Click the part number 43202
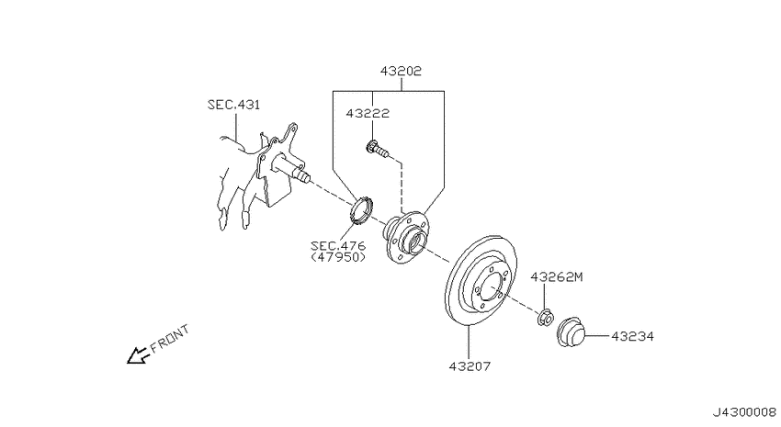401,72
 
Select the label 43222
368,114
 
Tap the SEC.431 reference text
233,105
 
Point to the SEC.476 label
338,246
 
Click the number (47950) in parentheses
338,257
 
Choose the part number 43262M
557,276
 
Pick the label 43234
632,337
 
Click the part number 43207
470,366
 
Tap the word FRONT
169,339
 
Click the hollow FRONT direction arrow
139,355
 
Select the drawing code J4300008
744,412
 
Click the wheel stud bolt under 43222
378,149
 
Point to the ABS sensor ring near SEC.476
360,211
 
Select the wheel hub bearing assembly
406,238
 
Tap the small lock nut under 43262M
545,318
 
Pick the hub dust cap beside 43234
571,331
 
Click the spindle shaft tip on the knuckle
303,175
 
